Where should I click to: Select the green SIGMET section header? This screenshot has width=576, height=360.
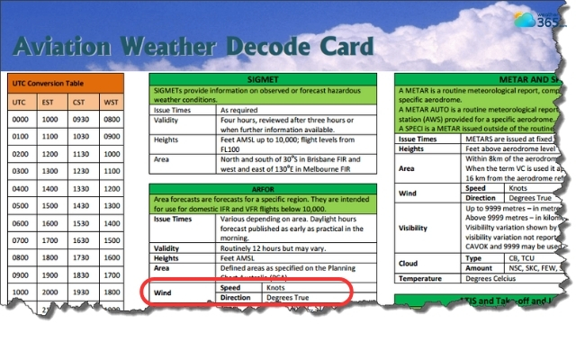[x=262, y=80]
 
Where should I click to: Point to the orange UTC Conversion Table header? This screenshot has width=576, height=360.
[x=46, y=81]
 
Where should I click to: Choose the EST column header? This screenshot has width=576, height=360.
[x=49, y=102]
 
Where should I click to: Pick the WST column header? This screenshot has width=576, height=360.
[x=111, y=102]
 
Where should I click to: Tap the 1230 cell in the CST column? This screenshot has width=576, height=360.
[x=80, y=171]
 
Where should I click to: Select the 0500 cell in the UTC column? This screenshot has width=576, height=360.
[x=19, y=206]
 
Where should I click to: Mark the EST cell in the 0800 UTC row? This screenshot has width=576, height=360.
[x=49, y=258]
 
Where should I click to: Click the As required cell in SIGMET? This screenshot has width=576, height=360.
[x=242, y=109]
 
